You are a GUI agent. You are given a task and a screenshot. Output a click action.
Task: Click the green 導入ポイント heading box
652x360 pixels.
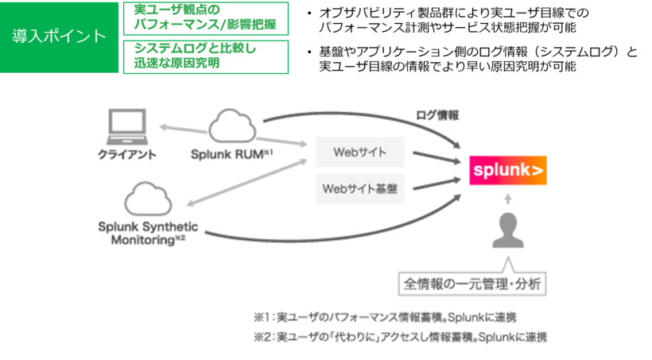60,37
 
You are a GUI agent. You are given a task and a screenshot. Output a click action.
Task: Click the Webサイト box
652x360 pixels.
359,150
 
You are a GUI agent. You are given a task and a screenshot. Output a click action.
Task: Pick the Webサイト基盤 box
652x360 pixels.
359,188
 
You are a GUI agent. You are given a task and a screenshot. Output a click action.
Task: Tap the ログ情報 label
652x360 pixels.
437,115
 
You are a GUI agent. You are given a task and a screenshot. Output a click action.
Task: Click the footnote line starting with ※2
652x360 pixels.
400,337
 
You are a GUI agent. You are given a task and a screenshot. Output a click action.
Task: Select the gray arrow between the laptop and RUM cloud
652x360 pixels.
184,128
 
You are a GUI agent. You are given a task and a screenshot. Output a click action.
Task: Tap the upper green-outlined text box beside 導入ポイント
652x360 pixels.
206,18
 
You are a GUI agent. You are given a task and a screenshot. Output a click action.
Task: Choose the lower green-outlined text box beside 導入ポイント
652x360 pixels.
206,56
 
